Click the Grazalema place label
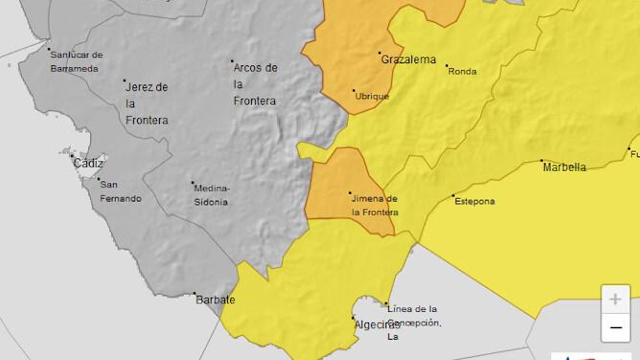408,60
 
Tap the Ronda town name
462,72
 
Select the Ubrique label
372,96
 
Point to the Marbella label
564,167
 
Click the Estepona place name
475,201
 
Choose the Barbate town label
215,300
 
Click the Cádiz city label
88,163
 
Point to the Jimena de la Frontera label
375,205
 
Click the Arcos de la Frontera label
255,84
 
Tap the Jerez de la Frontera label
147,104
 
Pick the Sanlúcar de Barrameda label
76,62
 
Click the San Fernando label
120,192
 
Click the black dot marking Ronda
447,66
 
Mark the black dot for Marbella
542,161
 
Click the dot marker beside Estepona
453,196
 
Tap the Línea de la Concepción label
414,322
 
